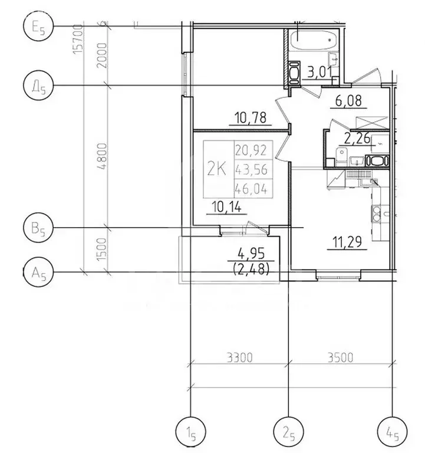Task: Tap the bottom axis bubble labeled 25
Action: pyautogui.click(x=288, y=434)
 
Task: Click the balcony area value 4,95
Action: pyautogui.click(x=250, y=256)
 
